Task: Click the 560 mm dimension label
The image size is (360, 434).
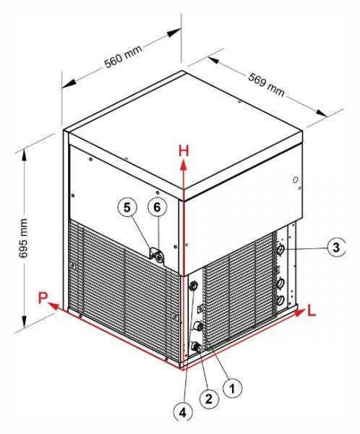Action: coord(124,56)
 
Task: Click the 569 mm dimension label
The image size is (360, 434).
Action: coord(266,85)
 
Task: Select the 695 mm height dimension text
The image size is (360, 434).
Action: coord(23,238)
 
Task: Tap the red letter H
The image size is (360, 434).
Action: coord(184,151)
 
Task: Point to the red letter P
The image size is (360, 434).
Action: coord(43,298)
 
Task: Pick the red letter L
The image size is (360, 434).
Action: coord(312,311)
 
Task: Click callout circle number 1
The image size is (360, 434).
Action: coord(233,388)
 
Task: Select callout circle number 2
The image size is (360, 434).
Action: coord(209,399)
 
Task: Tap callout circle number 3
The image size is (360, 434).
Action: coord(336,247)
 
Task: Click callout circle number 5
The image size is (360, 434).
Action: coord(127,207)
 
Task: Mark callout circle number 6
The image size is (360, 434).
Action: coord(157,207)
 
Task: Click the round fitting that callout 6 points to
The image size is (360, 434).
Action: coord(159,258)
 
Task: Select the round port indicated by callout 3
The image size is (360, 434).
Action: coord(280,250)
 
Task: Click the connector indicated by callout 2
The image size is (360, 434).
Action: coord(196,346)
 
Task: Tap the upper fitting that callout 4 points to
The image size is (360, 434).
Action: coord(193,286)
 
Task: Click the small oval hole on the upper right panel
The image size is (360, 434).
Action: coord(296,180)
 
